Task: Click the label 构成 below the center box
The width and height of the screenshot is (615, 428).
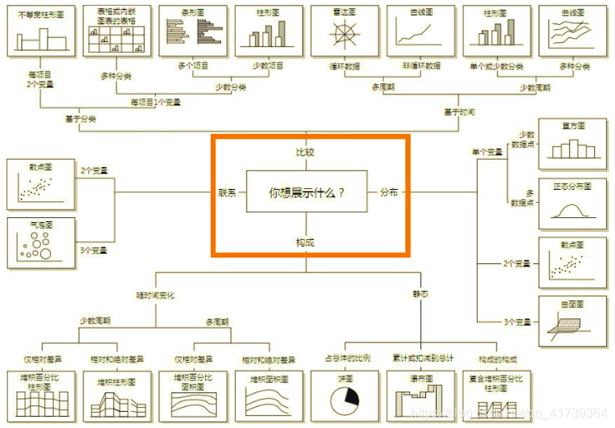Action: coord(305,241)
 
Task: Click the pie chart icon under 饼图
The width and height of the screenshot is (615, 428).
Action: coord(345,398)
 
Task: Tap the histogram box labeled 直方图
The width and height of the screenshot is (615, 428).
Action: coord(572,145)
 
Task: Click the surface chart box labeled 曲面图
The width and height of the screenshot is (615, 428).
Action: coord(572,321)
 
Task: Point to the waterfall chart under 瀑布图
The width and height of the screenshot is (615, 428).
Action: coord(420,398)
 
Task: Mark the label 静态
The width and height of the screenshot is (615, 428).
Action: coord(420,296)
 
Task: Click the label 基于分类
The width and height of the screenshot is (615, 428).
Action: coord(80,119)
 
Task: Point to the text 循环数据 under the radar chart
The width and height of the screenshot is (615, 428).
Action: coord(345,65)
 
